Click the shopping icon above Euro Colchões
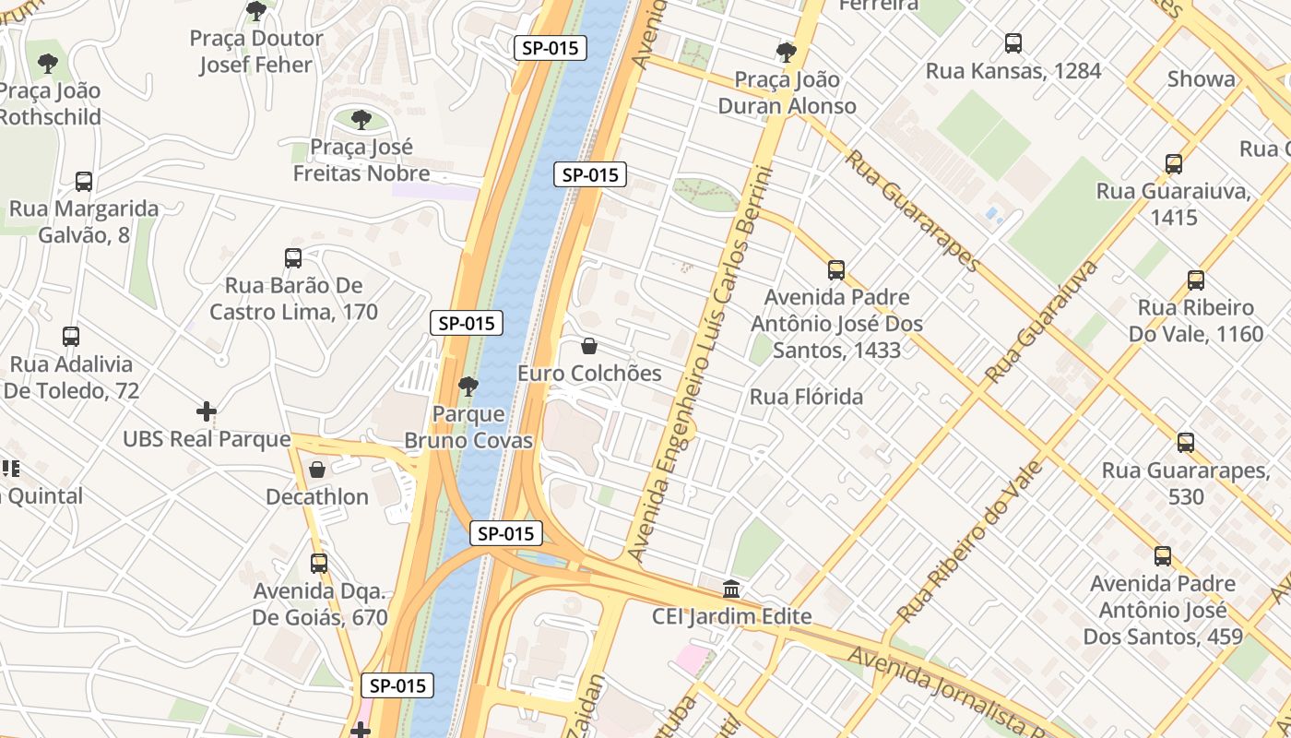point(589,346)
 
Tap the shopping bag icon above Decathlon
point(317,470)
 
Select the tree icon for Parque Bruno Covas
point(468,387)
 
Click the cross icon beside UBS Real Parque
point(207,411)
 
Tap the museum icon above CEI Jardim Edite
point(731,589)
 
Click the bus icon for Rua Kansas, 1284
point(1013,42)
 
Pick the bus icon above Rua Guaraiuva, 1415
point(1174,164)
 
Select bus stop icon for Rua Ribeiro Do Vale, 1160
point(1196,280)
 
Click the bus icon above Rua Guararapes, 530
point(1186,442)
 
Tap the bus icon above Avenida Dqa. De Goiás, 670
point(319,563)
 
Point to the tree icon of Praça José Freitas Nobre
point(361,119)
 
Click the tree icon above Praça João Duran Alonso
point(787,52)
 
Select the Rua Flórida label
point(807,397)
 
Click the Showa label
point(1201,78)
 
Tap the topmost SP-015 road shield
point(550,48)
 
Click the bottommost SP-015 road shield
point(397,685)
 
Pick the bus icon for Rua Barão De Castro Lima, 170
point(293,258)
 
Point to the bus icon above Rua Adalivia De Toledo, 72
point(71,337)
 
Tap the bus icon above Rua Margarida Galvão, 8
point(84,181)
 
